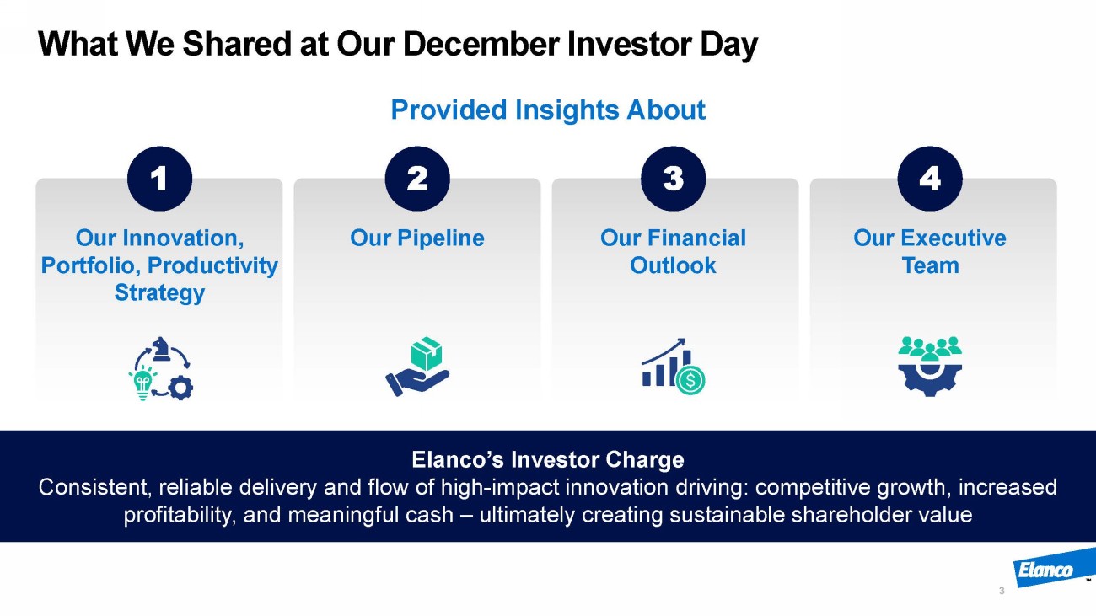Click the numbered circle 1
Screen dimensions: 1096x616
159,179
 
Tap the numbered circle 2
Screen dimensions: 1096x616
417,179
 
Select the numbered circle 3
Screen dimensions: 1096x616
674,179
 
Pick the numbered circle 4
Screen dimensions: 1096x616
930,179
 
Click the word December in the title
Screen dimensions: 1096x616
480,44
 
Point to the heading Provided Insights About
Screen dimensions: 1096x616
548,110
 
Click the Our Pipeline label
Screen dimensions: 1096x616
417,238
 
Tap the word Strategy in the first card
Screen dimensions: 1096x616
159,293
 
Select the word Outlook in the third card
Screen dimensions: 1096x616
673,265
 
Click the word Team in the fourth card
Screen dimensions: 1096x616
930,265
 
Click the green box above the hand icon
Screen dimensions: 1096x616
426,353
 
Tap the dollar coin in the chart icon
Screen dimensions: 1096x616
690,380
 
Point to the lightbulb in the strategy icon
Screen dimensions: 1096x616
142,383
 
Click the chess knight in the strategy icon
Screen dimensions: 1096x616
160,349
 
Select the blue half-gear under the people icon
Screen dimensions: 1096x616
930,381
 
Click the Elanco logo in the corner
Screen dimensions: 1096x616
1052,569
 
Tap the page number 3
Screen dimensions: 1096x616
1002,591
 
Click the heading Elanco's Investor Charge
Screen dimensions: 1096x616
548,459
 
